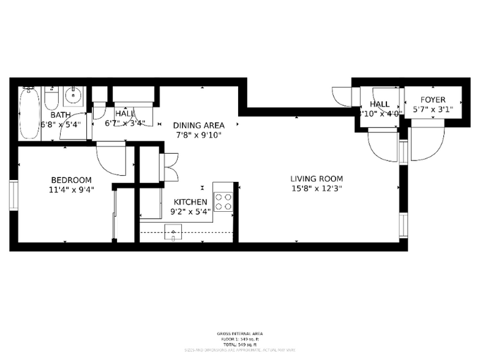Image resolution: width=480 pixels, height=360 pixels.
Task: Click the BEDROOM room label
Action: tap(71, 180)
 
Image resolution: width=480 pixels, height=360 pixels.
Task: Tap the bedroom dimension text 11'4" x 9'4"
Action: tap(71, 189)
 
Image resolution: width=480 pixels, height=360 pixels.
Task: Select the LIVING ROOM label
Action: tap(316, 179)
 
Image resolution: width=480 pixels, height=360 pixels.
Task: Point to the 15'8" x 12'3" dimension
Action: tap(316, 189)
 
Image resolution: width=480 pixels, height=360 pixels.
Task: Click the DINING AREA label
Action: tap(198, 125)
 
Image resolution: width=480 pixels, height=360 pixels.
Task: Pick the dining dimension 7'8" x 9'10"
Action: tap(198, 135)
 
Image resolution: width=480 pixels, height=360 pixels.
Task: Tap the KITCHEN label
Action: tap(190, 202)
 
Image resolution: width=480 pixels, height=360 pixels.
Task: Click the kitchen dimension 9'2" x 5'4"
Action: tap(190, 212)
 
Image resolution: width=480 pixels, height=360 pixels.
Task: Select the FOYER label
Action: tap(432, 100)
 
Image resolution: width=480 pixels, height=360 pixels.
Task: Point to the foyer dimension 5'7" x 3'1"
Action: tap(432, 110)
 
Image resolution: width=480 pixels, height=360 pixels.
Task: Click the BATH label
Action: tap(60, 114)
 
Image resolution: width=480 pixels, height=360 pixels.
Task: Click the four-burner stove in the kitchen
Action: tap(223, 201)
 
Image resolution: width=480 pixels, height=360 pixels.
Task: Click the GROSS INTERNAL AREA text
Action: tap(240, 334)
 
